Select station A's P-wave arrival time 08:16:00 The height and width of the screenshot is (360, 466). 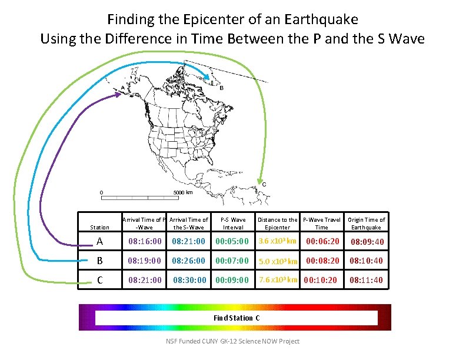(145, 242)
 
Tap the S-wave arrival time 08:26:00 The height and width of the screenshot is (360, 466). (189, 261)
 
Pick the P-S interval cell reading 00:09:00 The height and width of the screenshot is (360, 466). (232, 280)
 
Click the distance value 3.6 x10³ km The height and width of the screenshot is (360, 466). (277, 241)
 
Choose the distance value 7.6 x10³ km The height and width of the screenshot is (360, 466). (278, 279)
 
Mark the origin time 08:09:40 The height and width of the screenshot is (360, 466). (367, 242)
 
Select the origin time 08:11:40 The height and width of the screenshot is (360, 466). (366, 280)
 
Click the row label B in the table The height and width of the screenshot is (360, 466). (99, 261)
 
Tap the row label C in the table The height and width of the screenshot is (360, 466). (99, 280)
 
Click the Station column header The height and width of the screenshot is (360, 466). (99, 227)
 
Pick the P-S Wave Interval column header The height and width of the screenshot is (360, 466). (233, 224)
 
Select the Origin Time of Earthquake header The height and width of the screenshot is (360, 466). (366, 224)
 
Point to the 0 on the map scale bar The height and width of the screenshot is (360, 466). (101, 192)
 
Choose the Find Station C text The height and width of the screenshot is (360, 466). (237, 318)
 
